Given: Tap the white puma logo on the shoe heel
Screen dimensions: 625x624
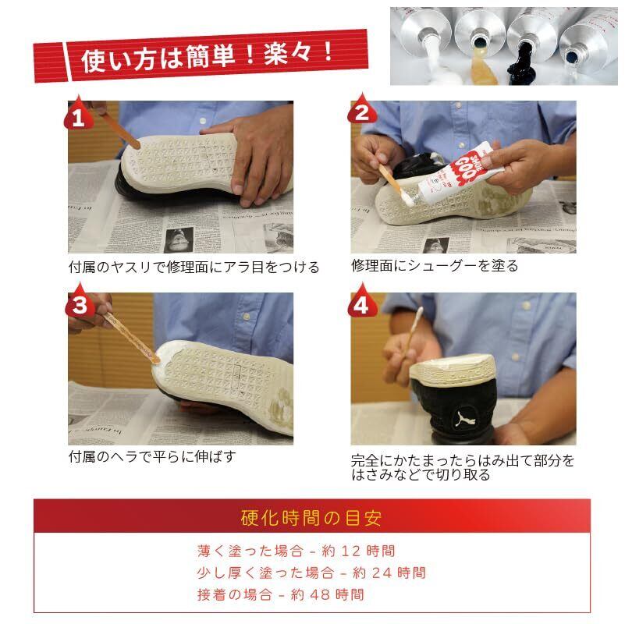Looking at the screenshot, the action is (x=464, y=419).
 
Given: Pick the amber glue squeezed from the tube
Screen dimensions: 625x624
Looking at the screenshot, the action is (x=484, y=69).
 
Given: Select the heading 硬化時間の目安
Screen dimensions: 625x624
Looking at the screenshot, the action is (x=311, y=518).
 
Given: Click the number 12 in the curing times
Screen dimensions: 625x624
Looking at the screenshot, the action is (x=351, y=551).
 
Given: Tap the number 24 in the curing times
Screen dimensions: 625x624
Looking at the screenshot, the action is (x=382, y=573).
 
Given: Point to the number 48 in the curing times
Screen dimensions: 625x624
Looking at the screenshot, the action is (x=320, y=595).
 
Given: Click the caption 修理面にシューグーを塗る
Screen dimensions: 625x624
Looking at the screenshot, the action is (x=435, y=265).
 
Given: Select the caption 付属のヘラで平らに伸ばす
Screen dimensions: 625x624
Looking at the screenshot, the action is (x=152, y=456).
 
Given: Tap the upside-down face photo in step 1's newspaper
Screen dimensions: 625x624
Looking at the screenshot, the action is (x=179, y=239).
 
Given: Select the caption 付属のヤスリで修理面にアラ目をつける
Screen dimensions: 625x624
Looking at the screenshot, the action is (x=194, y=267).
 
